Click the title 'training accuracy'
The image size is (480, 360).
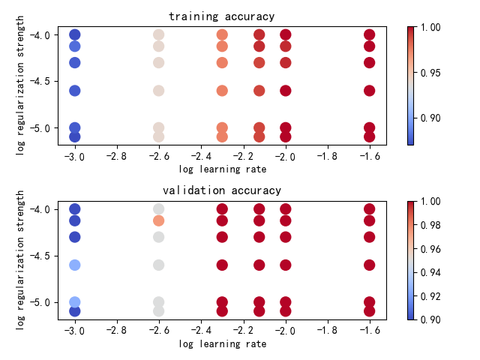(222, 16)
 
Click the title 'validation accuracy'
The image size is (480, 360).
(222, 190)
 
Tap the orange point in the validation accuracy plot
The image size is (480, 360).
(158, 220)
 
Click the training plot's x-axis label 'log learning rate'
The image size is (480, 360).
(222, 169)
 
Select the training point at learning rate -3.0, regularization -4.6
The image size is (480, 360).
(74, 91)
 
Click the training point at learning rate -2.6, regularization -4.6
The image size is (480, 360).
(158, 91)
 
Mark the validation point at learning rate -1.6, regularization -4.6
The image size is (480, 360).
(369, 265)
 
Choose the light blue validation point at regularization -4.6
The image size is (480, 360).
(74, 265)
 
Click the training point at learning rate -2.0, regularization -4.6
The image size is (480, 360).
(285, 91)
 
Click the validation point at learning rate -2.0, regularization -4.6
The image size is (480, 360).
(285, 265)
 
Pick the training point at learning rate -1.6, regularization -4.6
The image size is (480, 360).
(369, 91)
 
